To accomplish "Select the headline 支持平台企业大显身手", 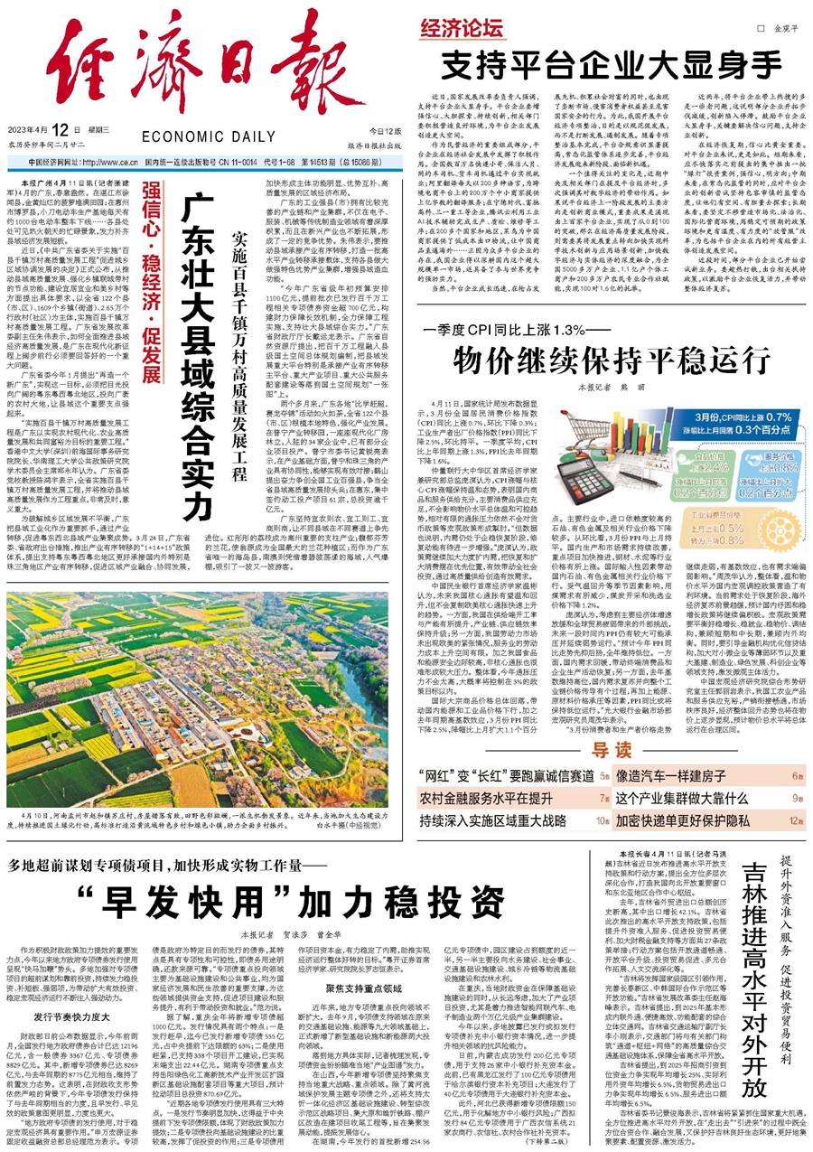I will pos(611,65).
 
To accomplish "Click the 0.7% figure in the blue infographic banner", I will pos(778,392).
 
